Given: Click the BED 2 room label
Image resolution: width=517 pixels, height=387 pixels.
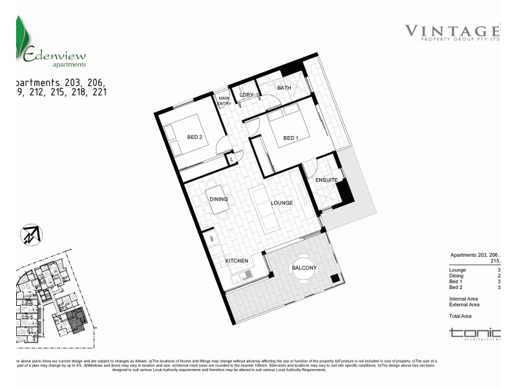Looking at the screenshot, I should pos(195,137).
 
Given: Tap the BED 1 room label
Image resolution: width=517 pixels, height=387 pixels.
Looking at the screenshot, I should pos(291,138).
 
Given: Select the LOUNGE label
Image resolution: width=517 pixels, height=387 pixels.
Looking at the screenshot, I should pos(282,203).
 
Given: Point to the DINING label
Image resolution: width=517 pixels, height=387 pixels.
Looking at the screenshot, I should pos(218,199).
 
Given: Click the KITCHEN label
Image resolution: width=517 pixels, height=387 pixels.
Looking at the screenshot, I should pos(237,261).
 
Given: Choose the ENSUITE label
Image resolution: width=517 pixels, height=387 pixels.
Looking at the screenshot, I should pos(327,180).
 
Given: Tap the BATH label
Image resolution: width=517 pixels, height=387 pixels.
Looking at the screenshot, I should pos(284,88).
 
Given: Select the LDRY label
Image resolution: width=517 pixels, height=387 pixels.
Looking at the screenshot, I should pos(246,95).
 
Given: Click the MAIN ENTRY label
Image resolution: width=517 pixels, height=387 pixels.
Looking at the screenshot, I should pos(224,101).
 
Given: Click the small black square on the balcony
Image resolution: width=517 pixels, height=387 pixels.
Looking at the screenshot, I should pos(334,279).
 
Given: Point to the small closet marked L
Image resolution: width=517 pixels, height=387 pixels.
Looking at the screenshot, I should pos(231,158).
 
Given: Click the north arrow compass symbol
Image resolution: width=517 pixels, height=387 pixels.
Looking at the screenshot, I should pos(30,234).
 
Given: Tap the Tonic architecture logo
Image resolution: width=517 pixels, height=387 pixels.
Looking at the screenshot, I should pos(474,333).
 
